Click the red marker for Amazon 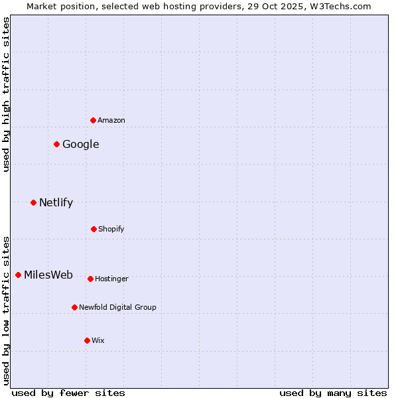pos(93,120)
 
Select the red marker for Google pos(57,144)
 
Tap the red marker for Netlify pos(33,202)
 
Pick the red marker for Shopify pos(94,229)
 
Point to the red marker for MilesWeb pos(18,275)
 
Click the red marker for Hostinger pos(90,279)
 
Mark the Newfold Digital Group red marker pos(74,307)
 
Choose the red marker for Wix pos(87,340)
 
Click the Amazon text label pos(111,120)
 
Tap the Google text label pos(81,144)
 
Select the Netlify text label pos(56,202)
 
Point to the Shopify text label pos(111,229)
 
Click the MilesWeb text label pos(48,275)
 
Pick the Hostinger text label pos(111,279)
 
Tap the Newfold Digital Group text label pos(117,307)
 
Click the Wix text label pos(98,340)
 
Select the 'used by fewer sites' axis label pos(68,393)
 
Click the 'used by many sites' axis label pos(333,393)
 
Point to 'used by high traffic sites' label pos(6,94)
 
